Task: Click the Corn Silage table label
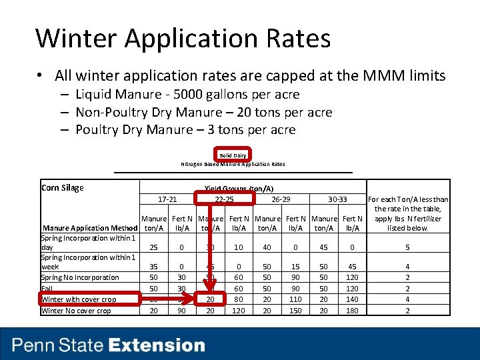63,188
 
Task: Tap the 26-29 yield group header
281,199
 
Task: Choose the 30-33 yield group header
338,199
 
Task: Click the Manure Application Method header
90,228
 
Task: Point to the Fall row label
47,289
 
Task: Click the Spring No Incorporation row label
80,277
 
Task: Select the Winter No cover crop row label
76,311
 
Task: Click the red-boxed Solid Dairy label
233,155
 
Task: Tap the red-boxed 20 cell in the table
210,299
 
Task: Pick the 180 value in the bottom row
351,311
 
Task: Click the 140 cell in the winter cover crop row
351,299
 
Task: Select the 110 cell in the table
295,299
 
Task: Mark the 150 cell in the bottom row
295,311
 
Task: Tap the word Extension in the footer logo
157,345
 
